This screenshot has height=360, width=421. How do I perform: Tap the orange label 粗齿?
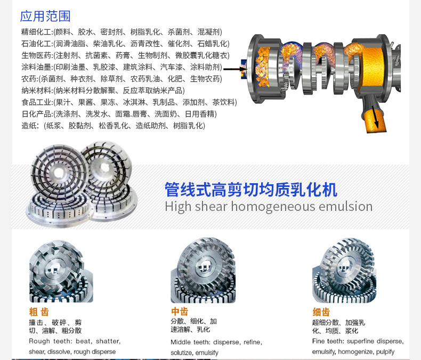(38, 312)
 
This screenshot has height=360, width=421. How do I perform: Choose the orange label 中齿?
(179, 312)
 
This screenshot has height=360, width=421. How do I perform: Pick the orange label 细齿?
(321, 312)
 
